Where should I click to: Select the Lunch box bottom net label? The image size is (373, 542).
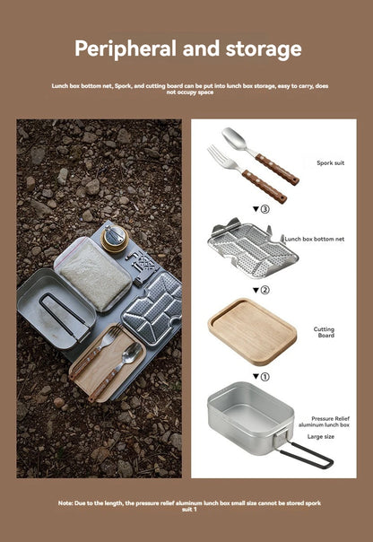point(316,240)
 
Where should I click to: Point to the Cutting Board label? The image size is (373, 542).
point(324,332)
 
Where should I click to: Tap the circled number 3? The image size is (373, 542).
point(263,209)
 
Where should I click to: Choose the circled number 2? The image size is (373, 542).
point(263,290)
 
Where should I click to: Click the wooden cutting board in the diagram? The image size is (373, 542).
point(253,328)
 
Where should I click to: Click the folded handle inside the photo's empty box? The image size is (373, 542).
point(59,316)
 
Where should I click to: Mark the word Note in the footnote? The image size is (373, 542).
point(65,503)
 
